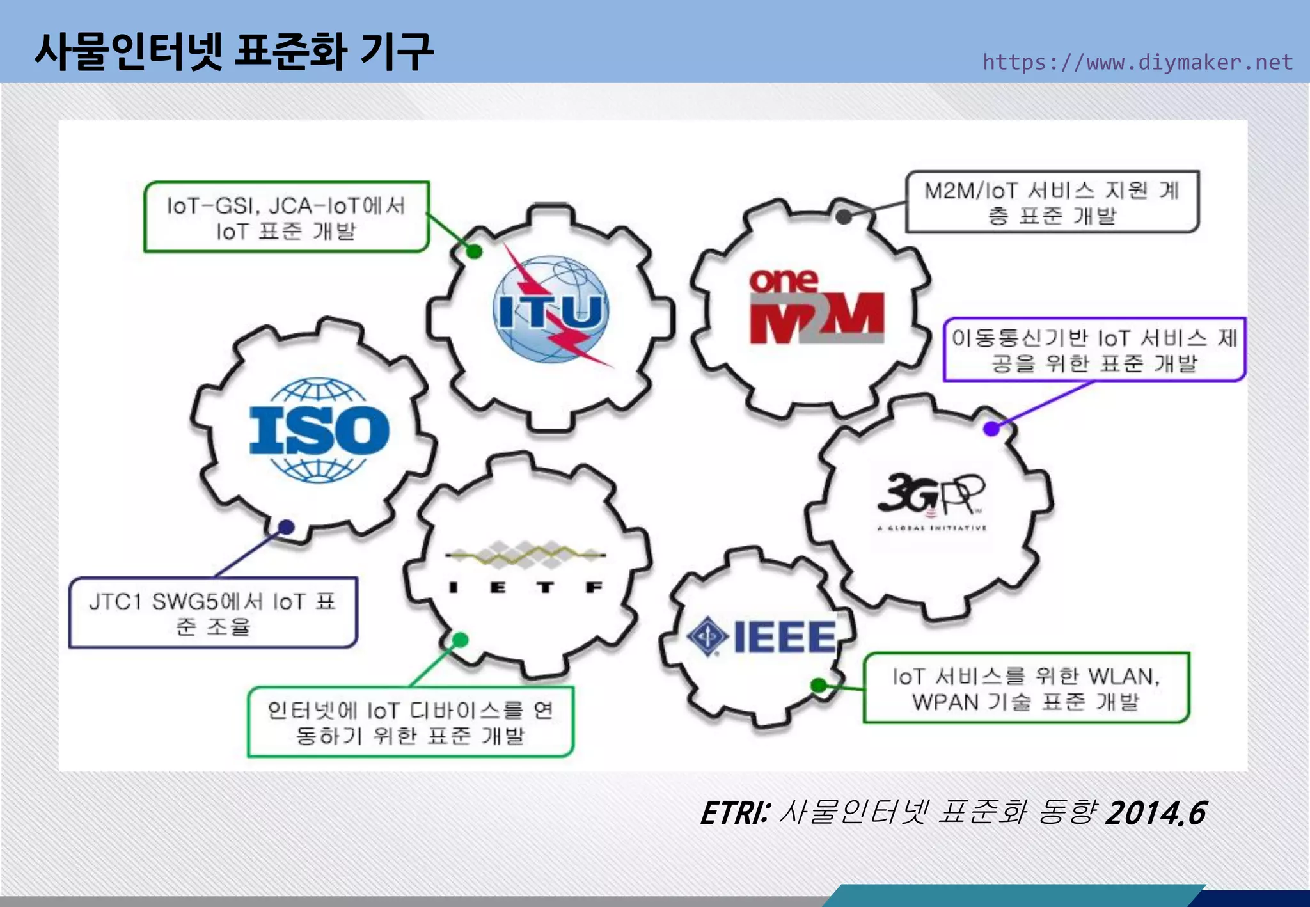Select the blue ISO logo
tap(319, 430)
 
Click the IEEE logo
tap(761, 637)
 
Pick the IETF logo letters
tap(525, 587)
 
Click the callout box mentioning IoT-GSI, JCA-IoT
tap(286, 217)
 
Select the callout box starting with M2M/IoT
tap(1052, 201)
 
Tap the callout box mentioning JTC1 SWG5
tap(212, 613)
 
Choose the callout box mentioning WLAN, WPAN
tap(1026, 688)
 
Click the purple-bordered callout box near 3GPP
tap(1094, 349)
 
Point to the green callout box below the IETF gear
tap(410, 722)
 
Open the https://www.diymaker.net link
tap(1137, 62)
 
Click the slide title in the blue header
tap(234, 51)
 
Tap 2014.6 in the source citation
tap(1155, 814)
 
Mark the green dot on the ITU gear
tap(474, 251)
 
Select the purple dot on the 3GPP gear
tap(991, 429)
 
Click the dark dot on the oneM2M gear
tap(844, 217)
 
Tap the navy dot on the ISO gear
tap(286, 527)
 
